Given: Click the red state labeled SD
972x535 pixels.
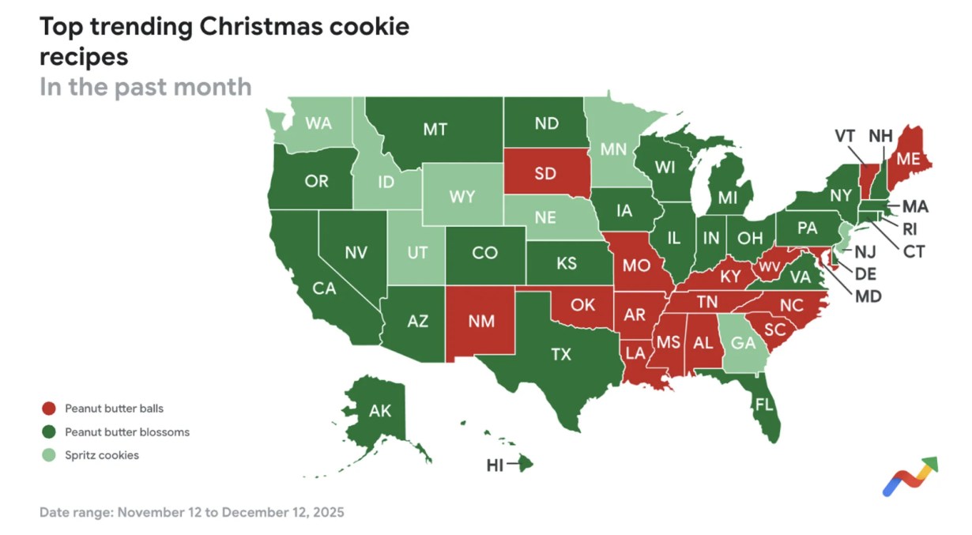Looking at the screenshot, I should (x=545, y=174).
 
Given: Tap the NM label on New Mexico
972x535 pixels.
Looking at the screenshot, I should (x=480, y=322).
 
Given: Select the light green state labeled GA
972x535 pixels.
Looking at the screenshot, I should (x=743, y=344).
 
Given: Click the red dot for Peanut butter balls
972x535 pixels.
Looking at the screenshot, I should (x=49, y=409).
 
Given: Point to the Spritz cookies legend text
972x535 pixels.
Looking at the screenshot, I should (x=101, y=455).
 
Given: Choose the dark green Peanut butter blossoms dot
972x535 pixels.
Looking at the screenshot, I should (x=49, y=432).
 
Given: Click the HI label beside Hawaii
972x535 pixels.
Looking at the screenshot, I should (x=495, y=465).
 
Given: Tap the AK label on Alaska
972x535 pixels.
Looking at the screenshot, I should (x=380, y=411).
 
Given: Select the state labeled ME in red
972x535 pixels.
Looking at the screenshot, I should (x=907, y=159).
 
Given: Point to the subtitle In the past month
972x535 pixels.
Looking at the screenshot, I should (x=145, y=86).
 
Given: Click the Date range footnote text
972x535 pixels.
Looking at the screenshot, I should (x=192, y=512).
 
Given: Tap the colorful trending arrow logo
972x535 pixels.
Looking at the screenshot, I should (x=910, y=477).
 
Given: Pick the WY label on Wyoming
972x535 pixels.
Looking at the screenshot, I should (x=462, y=197).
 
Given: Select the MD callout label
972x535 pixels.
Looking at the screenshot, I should (x=868, y=296).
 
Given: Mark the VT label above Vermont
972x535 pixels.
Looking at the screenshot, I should (x=846, y=136).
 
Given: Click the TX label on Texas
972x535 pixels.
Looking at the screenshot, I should (x=560, y=355).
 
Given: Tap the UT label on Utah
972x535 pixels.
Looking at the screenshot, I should (x=417, y=254).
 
